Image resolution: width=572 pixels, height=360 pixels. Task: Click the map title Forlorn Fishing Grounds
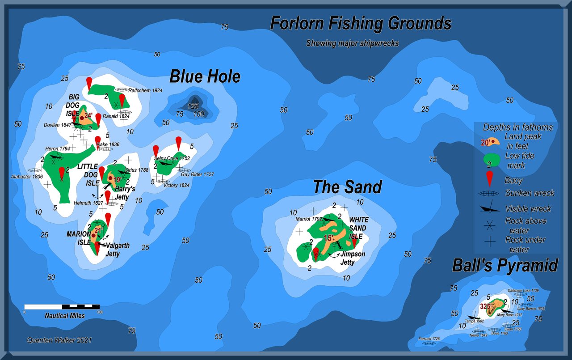tap(361, 23)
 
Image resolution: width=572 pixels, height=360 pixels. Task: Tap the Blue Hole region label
tap(205, 77)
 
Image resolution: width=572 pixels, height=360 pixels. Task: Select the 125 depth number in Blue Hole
tap(193, 106)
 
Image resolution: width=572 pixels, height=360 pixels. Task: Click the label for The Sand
tap(347, 187)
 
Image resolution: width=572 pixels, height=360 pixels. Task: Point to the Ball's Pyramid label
tap(505, 266)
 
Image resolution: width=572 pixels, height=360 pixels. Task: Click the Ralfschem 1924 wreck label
tap(145, 90)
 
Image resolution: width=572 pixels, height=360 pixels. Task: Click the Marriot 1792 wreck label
tap(309, 219)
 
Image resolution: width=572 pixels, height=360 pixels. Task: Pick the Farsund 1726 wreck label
tap(429, 339)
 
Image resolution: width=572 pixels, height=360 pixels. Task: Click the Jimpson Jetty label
tap(353, 258)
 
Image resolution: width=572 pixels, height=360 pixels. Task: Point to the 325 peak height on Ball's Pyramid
tap(485, 306)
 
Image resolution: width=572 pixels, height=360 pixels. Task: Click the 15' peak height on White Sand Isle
tap(329, 238)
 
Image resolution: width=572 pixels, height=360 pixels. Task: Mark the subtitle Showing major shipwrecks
tap(352, 43)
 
